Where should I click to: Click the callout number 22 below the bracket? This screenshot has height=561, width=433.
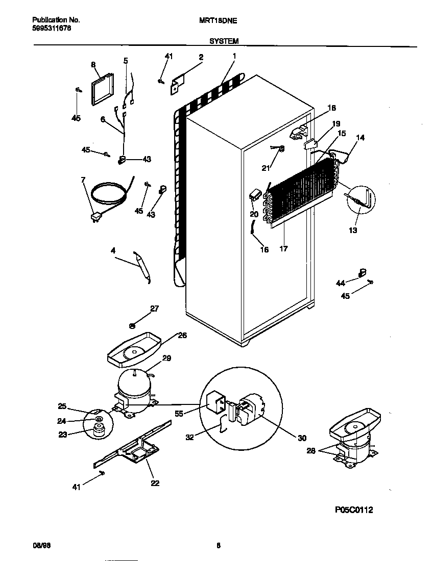coord(155,483)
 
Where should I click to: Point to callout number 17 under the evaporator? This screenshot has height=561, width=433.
coord(283,249)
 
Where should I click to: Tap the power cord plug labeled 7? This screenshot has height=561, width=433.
coord(95,218)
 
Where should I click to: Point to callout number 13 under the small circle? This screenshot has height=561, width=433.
coord(353,231)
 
